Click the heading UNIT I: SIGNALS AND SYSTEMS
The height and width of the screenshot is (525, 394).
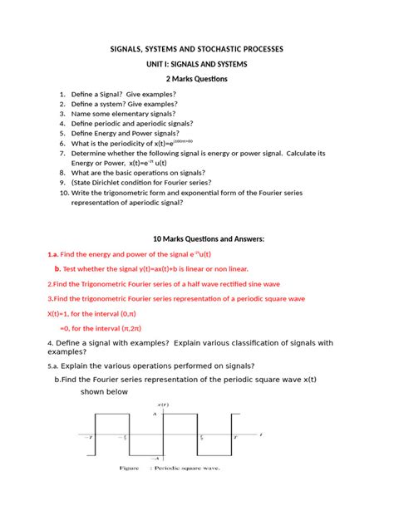coord(197,64)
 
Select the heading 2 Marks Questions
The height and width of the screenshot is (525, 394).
coord(197,79)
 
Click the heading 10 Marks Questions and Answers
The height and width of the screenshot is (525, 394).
coord(197,239)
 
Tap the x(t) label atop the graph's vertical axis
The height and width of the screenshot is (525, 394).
coord(164,405)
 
